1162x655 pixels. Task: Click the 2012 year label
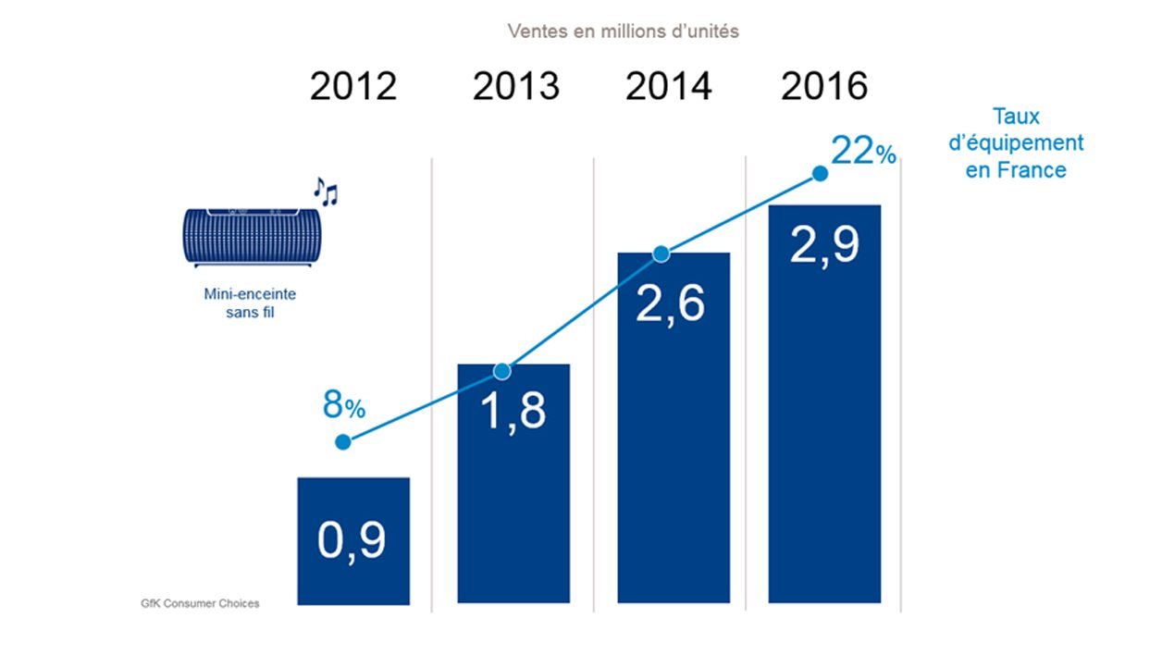pyautogui.click(x=353, y=87)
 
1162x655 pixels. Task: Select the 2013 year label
pyautogui.click(x=516, y=87)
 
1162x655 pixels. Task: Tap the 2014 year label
pyautogui.click(x=669, y=87)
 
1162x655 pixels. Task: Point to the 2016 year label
pyautogui.click(x=825, y=87)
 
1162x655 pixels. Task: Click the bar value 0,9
pyautogui.click(x=352, y=541)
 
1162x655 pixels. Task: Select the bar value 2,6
pyautogui.click(x=670, y=303)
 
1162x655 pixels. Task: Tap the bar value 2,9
pyautogui.click(x=824, y=245)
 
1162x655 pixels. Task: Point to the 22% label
pyautogui.click(x=862, y=151)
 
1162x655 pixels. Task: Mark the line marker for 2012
pyautogui.click(x=343, y=442)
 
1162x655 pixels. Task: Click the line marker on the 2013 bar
pyautogui.click(x=501, y=371)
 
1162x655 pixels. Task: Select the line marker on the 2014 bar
pyautogui.click(x=661, y=253)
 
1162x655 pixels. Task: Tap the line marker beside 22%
pyautogui.click(x=819, y=173)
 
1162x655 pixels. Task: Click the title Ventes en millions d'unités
pyautogui.click(x=623, y=31)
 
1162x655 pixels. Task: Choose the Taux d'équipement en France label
pyautogui.click(x=1016, y=143)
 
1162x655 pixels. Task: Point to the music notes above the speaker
pyautogui.click(x=325, y=191)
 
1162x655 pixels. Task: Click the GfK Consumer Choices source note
pyautogui.click(x=194, y=604)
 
